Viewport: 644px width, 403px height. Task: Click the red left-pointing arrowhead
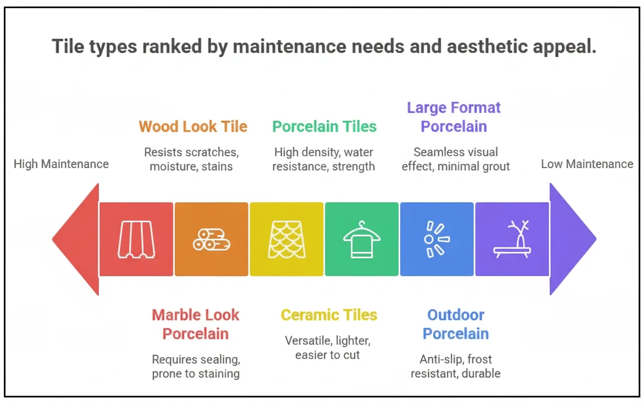coord(78,239)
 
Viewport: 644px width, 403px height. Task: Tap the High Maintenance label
coord(61,164)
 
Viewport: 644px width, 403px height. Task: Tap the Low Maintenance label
coord(587,164)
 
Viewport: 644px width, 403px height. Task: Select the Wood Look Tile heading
coord(193,126)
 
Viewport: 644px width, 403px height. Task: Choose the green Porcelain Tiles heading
coord(325,126)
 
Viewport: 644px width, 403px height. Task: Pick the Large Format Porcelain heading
coord(454,117)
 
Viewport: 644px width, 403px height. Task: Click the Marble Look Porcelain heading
coord(196,324)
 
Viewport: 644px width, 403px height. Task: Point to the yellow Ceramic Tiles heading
coord(329,315)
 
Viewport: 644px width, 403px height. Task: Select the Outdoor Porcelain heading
coord(456,324)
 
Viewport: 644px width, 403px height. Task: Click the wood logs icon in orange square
coord(211,239)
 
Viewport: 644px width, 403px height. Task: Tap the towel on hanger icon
coord(362,239)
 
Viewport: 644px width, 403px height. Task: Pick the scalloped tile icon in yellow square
coord(286,239)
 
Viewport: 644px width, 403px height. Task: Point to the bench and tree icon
coord(512,239)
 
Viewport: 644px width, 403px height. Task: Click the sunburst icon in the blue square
coord(436,239)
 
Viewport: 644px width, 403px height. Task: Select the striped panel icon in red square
coord(136,239)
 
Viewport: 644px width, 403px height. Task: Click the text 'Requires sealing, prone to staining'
coord(196,366)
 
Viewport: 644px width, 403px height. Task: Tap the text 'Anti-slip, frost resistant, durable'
coord(455,366)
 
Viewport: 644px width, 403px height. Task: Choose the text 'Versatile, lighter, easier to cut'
coord(328,348)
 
